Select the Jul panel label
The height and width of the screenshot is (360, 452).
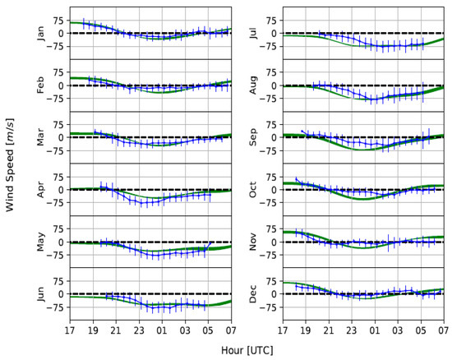[x=255, y=33]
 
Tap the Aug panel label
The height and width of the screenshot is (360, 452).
[x=255, y=85]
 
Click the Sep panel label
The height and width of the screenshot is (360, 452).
[x=255, y=137]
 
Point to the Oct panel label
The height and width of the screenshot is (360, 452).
[x=255, y=189]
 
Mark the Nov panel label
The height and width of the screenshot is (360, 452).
[x=255, y=242]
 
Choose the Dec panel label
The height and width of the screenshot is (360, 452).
[x=255, y=293]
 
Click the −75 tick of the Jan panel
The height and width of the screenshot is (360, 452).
[x=56, y=47]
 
